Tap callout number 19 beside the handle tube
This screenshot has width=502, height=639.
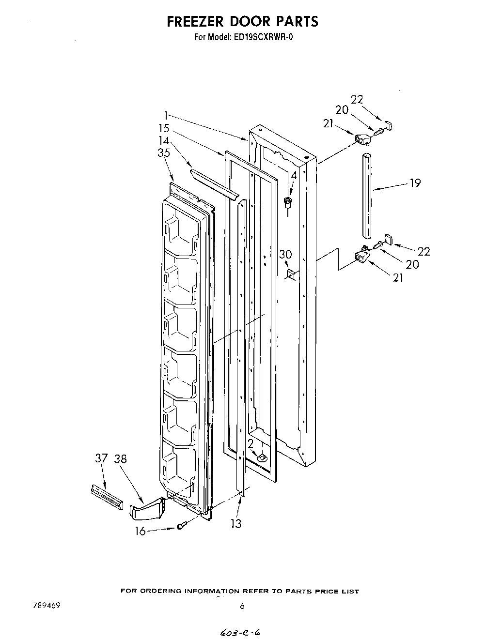coord(415,183)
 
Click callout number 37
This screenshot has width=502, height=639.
coord(101,458)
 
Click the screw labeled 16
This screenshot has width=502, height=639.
coord(180,526)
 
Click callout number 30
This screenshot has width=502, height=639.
coord(285,254)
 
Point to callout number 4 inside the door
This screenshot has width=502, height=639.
coord(293,176)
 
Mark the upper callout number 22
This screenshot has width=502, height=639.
coord(357,99)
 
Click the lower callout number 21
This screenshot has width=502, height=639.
coord(398,278)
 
